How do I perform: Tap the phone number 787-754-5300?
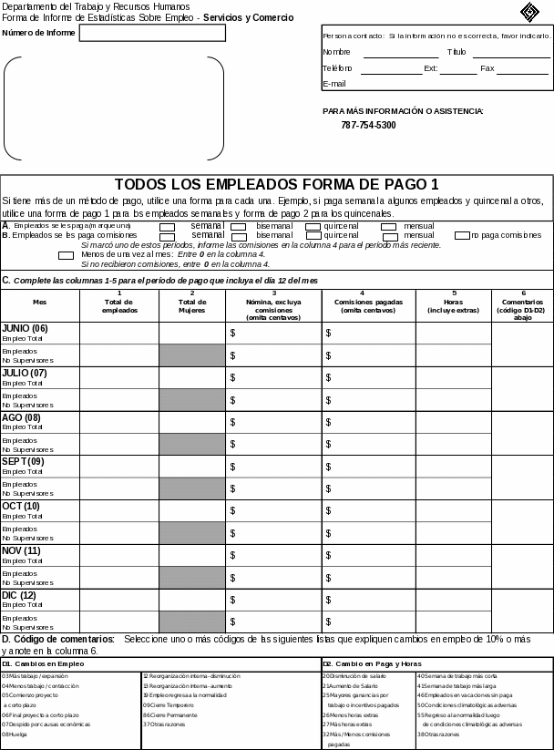coord(368,125)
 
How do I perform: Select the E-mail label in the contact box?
coord(334,84)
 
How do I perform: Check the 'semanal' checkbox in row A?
coord(168,226)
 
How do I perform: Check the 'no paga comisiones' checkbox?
coord(462,235)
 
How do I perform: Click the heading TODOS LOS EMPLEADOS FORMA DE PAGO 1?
coord(276,184)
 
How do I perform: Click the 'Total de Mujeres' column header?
coord(192,305)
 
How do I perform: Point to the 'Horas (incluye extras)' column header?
coord(453,305)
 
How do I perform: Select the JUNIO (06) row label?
coord(25,328)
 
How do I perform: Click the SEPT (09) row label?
coord(23,462)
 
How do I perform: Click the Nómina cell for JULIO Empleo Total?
coord(272,377)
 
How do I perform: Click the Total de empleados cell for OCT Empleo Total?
coord(119,510)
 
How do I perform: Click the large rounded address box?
coord(114,108)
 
